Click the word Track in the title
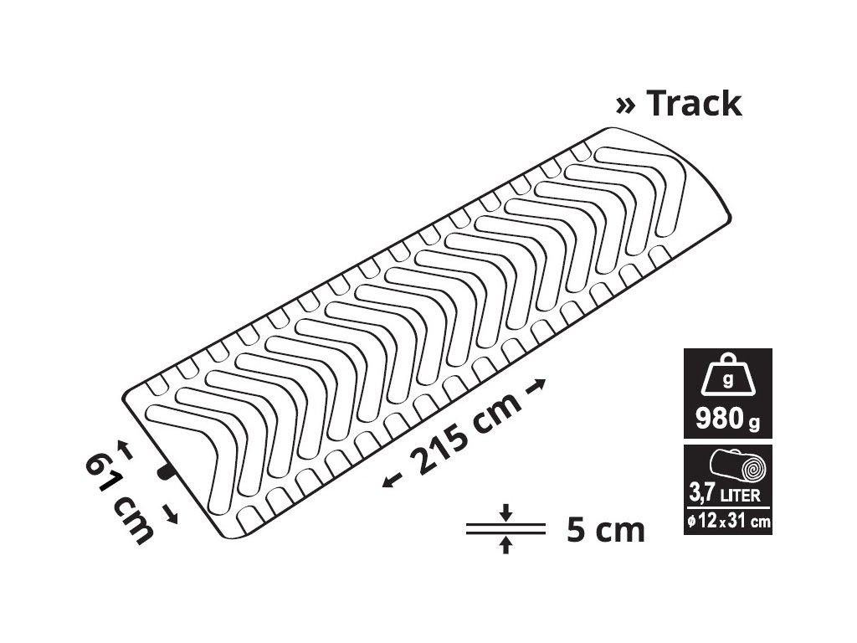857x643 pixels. point(694,103)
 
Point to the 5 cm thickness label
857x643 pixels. point(606,529)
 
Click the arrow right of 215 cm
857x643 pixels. point(535,385)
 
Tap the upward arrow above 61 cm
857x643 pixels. point(126,449)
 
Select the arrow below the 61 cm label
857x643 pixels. point(171,514)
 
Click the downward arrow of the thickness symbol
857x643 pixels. point(506,512)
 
